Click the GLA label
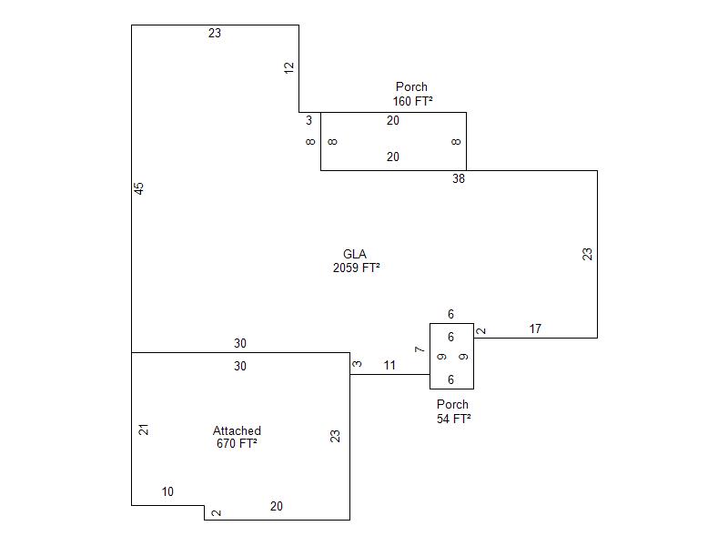pos(355,254)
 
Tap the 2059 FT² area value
pos(356,268)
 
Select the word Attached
pos(237,430)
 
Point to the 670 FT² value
pos(237,444)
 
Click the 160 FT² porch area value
pos(412,101)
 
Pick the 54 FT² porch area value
pos(453,419)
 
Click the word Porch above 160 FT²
pos(411,87)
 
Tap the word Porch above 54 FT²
pos(452,404)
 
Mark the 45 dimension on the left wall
pos(139,188)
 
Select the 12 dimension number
pos(289,67)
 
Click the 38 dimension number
pos(459,179)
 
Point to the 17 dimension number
pos(535,329)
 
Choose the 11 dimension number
pos(389,366)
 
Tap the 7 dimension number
pos(420,349)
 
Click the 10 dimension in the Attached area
pos(167,492)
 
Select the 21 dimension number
pos(144,430)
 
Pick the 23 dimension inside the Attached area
pos(336,436)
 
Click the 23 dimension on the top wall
pos(215,34)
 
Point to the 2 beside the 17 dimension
pos(482,331)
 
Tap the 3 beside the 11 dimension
pos(358,364)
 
